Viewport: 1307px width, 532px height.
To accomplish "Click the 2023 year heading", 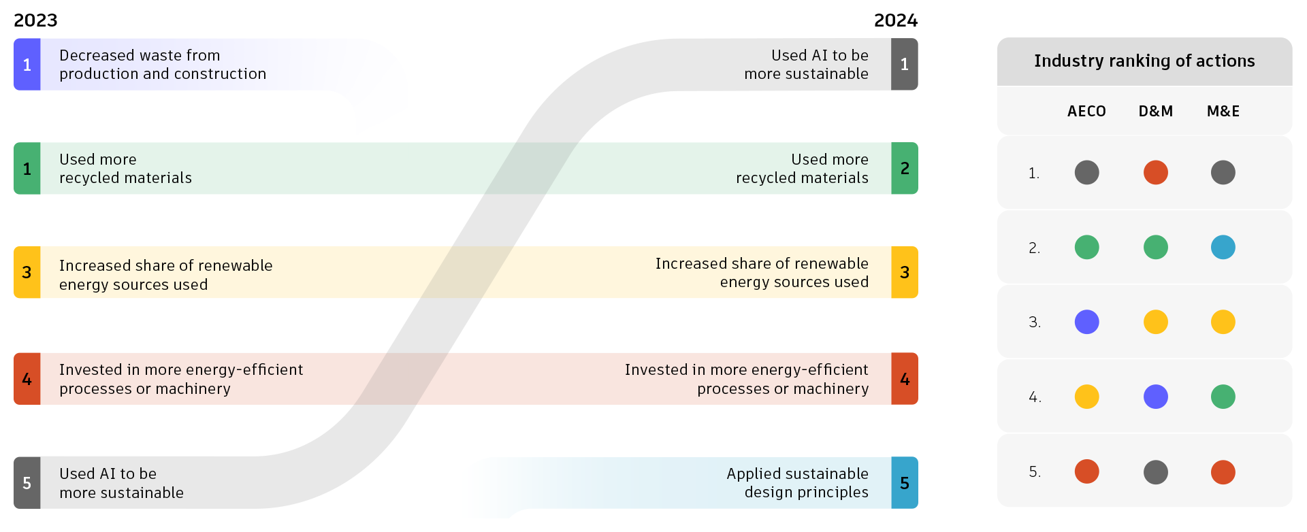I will [x=35, y=20].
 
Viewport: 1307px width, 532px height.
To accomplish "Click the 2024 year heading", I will [x=895, y=20].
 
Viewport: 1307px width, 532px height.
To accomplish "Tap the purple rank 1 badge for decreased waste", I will [x=27, y=65].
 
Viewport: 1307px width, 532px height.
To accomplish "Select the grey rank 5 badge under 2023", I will [x=27, y=483].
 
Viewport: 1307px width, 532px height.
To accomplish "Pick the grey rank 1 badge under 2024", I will [x=905, y=65].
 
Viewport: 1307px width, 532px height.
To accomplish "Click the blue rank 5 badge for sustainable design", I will [x=905, y=483].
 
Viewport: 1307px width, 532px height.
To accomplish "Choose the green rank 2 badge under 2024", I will [x=905, y=169].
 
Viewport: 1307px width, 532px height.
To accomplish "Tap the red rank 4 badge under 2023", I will [x=27, y=379].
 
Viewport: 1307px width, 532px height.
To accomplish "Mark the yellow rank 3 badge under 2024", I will [x=905, y=272].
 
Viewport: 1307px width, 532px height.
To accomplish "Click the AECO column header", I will [x=1086, y=111].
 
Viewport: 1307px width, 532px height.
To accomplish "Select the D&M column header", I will [x=1156, y=111].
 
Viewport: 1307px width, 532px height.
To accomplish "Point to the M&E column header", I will [x=1223, y=111].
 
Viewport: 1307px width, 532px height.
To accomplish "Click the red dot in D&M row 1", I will [x=1156, y=172].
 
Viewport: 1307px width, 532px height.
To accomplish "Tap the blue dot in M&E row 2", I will [x=1223, y=247].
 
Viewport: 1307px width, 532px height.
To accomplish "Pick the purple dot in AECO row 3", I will [x=1086, y=322].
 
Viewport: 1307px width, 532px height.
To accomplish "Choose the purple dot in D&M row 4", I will [x=1156, y=397].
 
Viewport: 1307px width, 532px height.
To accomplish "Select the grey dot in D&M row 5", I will [x=1156, y=472].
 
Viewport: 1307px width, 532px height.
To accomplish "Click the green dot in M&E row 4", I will [x=1223, y=397].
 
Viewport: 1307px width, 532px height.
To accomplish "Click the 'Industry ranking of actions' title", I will [x=1144, y=61].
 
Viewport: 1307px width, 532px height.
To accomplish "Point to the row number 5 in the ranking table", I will [x=1035, y=472].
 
